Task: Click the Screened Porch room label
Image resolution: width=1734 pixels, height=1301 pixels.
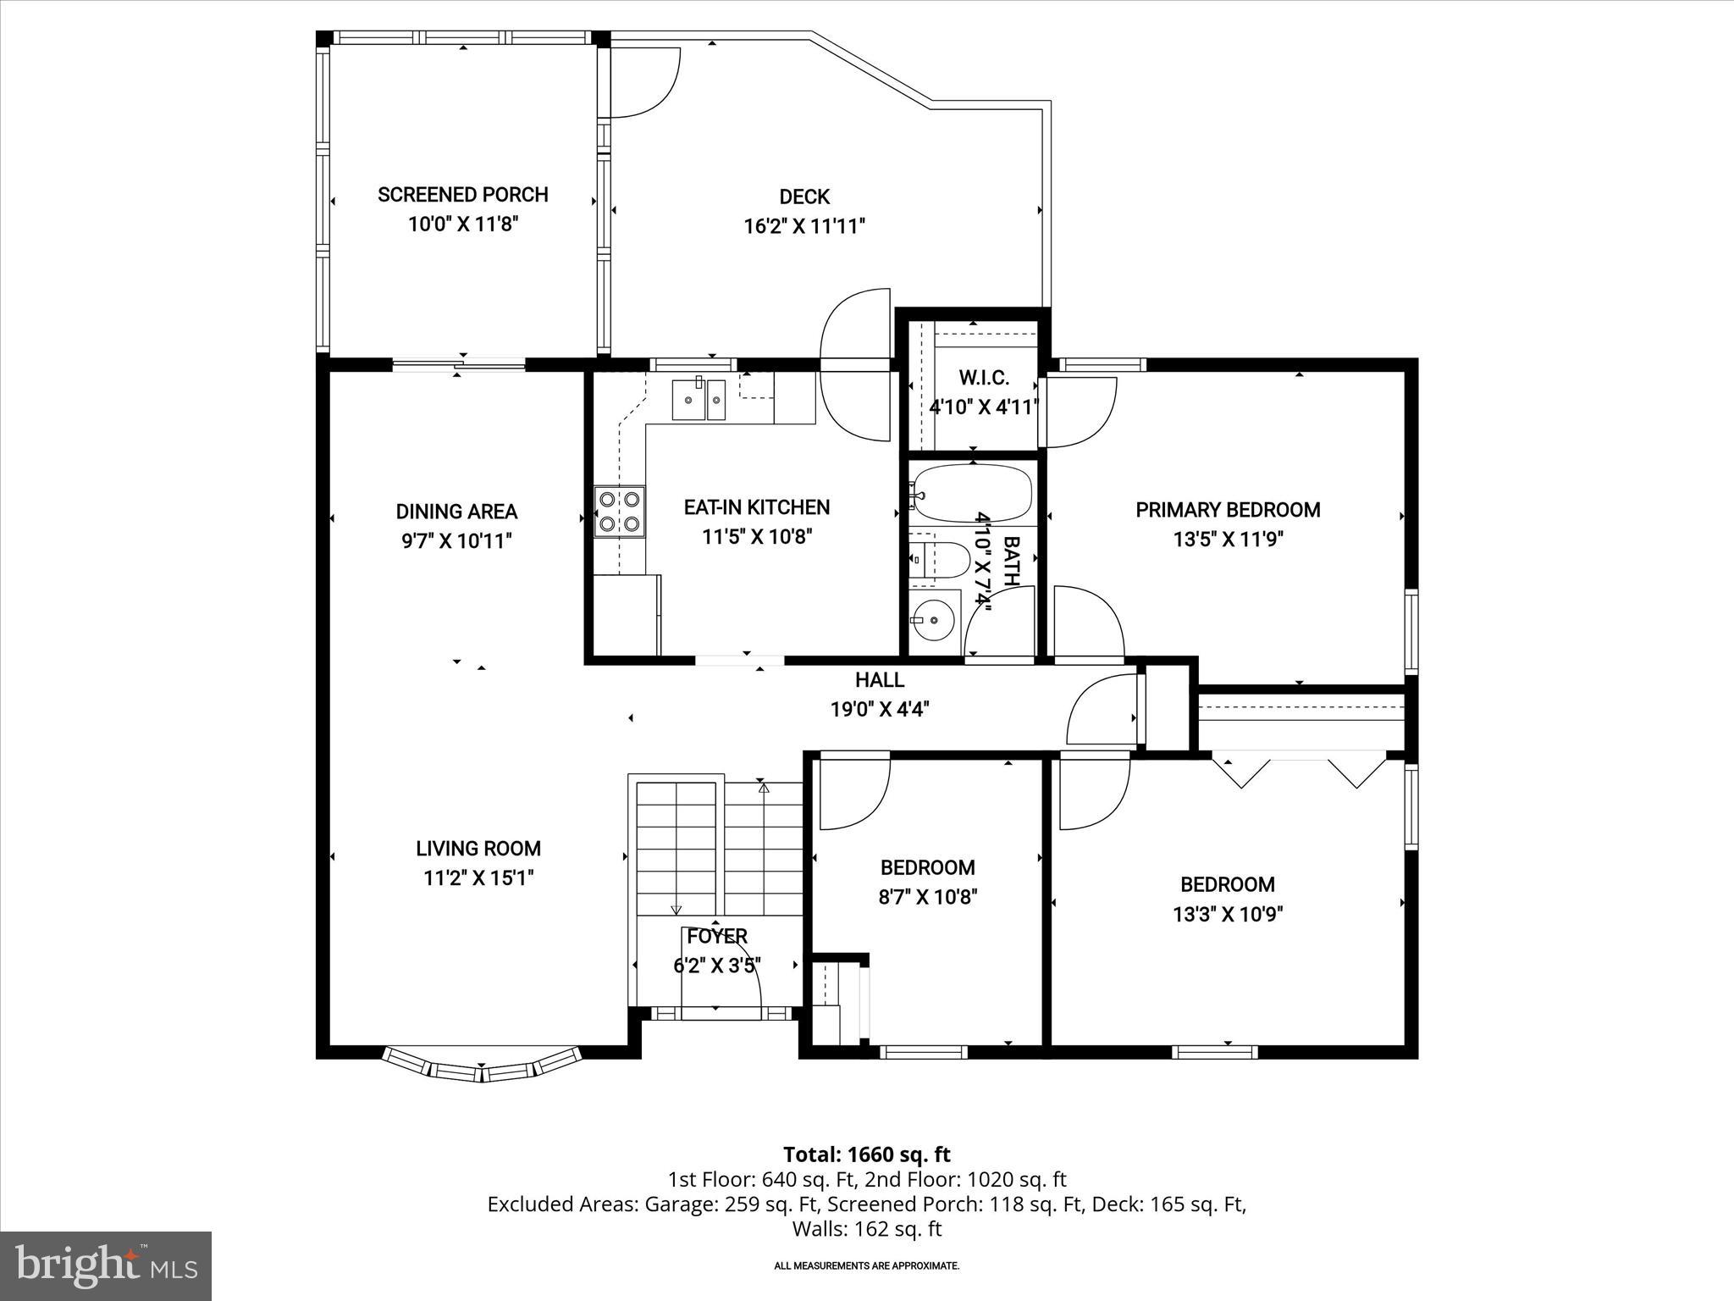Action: [462, 195]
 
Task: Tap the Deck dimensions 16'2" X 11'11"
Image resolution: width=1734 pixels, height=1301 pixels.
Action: [803, 226]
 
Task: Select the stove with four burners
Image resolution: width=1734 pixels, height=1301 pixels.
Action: [619, 512]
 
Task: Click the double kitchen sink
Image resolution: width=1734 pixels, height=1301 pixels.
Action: [699, 400]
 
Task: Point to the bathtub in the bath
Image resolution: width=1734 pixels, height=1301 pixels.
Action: [973, 493]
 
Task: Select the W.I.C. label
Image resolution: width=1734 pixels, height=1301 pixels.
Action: [983, 378]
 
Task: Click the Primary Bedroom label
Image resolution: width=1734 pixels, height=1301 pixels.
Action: [1227, 510]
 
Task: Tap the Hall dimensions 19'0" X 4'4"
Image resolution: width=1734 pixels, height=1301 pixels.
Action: [880, 709]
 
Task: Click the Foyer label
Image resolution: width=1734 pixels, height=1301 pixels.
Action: [716, 936]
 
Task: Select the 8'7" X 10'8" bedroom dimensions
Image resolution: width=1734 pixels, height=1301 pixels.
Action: [928, 897]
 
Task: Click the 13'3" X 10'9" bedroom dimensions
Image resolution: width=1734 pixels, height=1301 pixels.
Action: [1228, 914]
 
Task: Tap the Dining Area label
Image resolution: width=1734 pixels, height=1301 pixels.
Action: [456, 512]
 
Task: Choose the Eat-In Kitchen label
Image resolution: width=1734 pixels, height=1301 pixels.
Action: [756, 507]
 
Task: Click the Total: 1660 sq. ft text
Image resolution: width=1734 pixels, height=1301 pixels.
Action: [866, 1154]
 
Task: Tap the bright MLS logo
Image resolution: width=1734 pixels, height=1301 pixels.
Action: [106, 1265]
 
